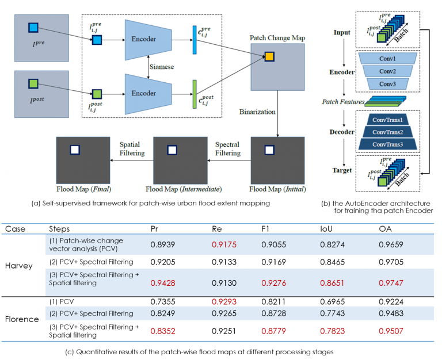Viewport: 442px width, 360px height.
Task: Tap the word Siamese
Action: [162, 67]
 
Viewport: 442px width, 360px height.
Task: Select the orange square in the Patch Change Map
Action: [269, 57]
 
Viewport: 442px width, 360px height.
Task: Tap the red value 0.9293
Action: [224, 301]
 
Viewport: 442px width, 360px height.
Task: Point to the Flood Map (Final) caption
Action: [83, 189]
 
